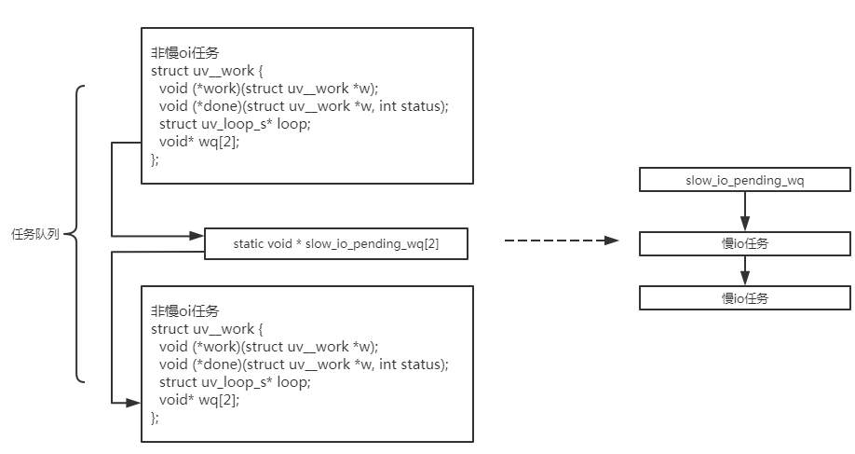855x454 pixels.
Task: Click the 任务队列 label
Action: point(35,234)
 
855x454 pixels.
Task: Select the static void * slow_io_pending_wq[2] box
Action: point(336,243)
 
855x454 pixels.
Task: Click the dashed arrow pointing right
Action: point(562,241)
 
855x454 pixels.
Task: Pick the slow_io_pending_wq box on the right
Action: point(745,180)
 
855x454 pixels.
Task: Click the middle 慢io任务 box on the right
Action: point(745,243)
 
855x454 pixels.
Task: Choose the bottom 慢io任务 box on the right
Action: point(745,298)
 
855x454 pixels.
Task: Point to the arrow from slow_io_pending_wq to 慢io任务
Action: point(745,212)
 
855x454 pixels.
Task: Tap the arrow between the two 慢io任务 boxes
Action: point(745,270)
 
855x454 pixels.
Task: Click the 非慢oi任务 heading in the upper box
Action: point(185,53)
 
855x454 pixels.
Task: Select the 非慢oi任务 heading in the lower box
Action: point(185,311)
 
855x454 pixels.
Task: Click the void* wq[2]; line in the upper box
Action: point(199,142)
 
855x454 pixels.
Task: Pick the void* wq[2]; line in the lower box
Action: point(199,400)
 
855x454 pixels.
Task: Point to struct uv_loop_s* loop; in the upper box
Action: point(235,124)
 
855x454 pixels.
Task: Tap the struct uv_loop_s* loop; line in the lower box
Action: point(235,382)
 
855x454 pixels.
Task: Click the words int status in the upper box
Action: point(411,106)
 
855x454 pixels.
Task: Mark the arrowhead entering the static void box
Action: point(197,236)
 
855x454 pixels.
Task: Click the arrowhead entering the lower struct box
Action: point(133,404)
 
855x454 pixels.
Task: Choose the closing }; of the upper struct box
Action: point(155,159)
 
